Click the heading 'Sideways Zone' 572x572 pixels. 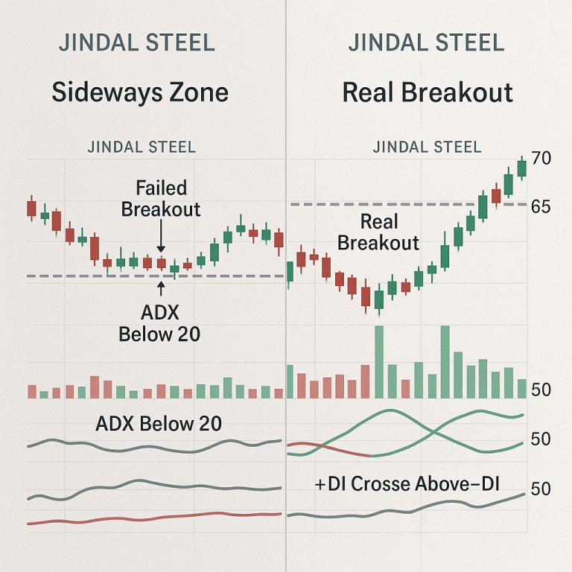(140, 93)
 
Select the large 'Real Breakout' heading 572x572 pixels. (428, 93)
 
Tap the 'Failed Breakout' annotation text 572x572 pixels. (161, 198)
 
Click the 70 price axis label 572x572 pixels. (541, 159)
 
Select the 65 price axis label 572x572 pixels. (541, 206)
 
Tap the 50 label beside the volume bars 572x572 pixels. (541, 390)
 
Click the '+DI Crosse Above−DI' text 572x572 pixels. (407, 485)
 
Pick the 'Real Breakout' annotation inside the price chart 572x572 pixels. (378, 232)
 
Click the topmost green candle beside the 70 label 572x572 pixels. (521, 167)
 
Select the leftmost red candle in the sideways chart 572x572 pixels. (31, 207)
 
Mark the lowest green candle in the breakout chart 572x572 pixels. (379, 299)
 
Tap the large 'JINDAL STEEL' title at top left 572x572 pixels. (137, 42)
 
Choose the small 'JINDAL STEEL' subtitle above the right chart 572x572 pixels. (427, 147)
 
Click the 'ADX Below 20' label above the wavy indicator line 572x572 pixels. (159, 424)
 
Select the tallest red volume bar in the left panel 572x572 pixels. (95, 387)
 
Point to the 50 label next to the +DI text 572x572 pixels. (541, 489)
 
